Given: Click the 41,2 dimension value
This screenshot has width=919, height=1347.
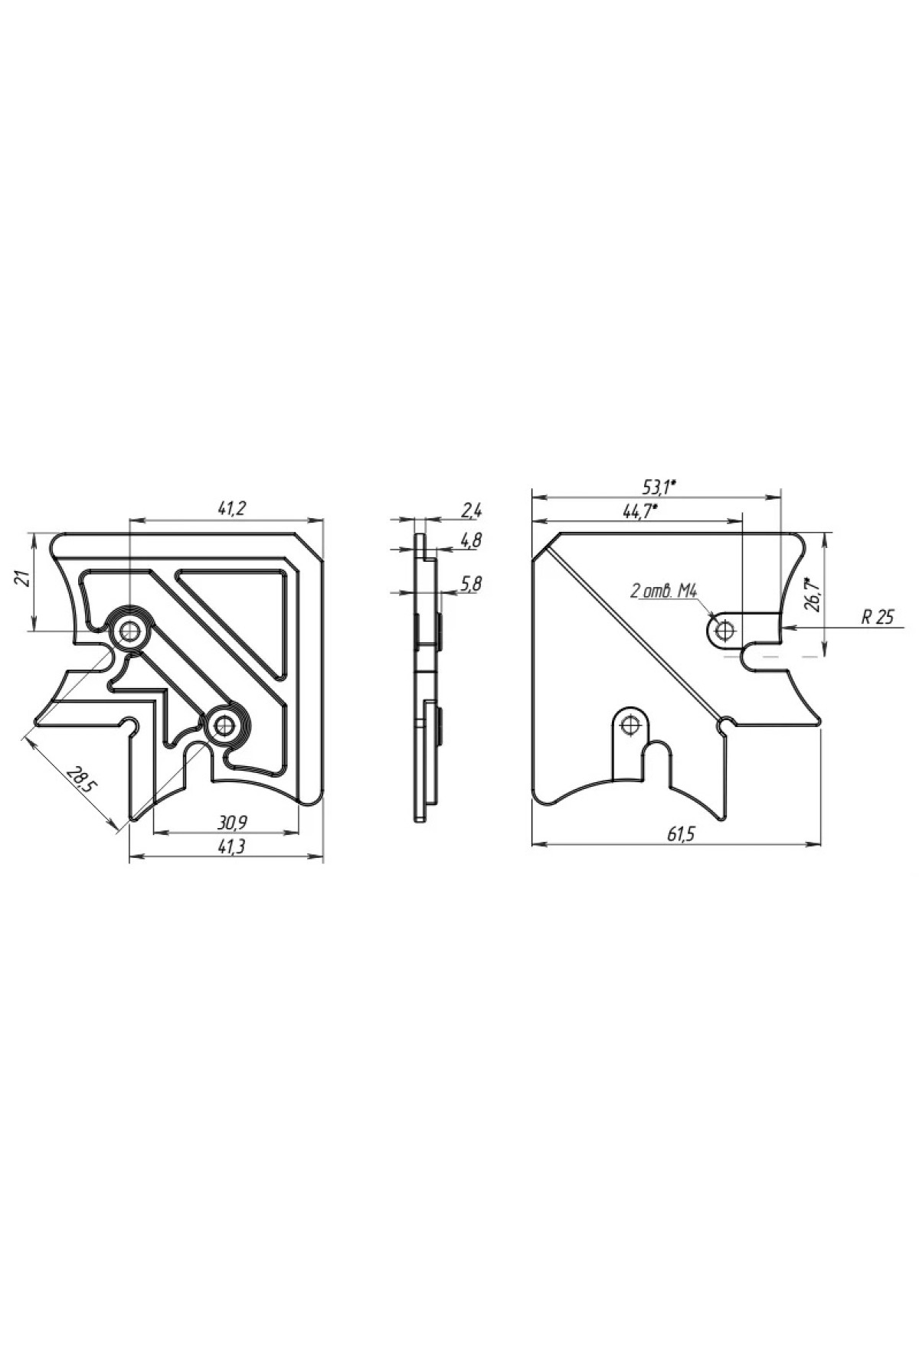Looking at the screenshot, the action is pyautogui.click(x=226, y=507).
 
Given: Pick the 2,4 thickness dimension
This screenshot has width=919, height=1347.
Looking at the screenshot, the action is pyautogui.click(x=471, y=510).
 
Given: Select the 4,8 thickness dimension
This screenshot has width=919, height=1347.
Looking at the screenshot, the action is pyautogui.click(x=471, y=540).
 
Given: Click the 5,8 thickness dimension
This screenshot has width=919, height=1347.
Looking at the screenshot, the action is pyautogui.click(x=471, y=584).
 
